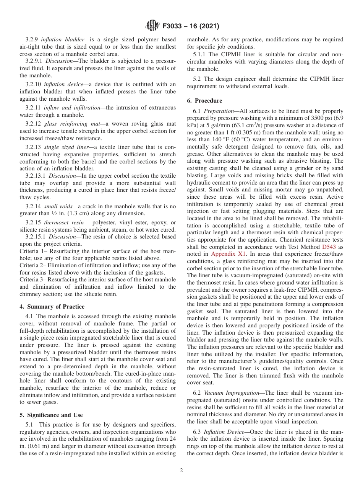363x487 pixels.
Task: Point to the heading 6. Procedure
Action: (204, 101)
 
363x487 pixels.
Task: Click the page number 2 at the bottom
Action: (181, 471)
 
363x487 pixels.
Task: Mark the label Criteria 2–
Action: (33, 265)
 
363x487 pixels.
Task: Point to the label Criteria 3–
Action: (33, 280)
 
